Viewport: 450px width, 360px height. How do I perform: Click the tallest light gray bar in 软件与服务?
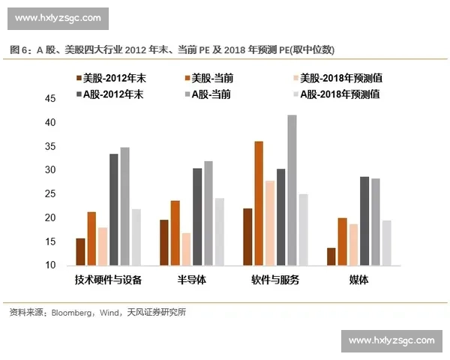pyautogui.click(x=292, y=190)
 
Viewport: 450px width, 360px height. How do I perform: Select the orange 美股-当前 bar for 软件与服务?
pyautogui.click(x=259, y=203)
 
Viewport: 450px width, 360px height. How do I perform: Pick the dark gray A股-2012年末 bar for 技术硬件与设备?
pyautogui.click(x=113, y=209)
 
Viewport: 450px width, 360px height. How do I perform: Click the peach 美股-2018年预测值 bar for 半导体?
pyautogui.click(x=186, y=249)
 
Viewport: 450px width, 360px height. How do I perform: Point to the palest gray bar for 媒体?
pyautogui.click(x=386, y=243)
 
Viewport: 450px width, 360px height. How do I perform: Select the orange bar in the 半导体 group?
pyautogui.click(x=175, y=232)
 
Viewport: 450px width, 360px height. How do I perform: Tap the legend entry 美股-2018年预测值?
pyautogui.click(x=337, y=78)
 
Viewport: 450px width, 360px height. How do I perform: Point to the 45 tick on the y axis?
pyautogui.click(x=51, y=99)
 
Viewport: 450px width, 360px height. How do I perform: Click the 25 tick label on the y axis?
pyautogui.click(x=51, y=194)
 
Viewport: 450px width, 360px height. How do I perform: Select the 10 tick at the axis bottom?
pyautogui.click(x=51, y=265)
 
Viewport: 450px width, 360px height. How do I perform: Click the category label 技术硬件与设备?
pyautogui.click(x=108, y=280)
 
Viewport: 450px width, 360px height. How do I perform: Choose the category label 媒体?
pyautogui.click(x=358, y=280)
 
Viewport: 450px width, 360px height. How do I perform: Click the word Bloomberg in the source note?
pyautogui.click(x=72, y=312)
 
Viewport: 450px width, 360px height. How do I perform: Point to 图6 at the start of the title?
pyautogui.click(x=19, y=49)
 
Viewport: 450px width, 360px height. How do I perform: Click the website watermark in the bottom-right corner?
pyautogui.click(x=391, y=340)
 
